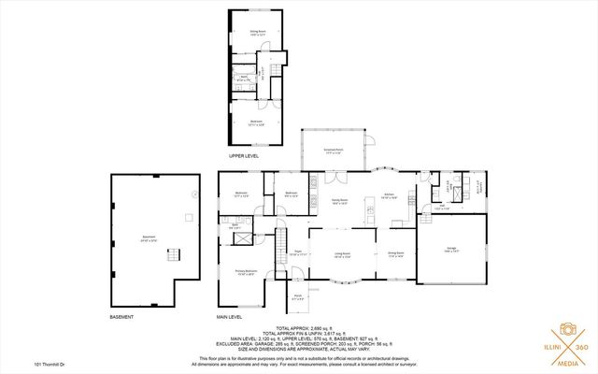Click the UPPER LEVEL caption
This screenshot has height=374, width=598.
(244, 156)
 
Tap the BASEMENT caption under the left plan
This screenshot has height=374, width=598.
(122, 317)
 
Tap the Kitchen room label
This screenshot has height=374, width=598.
(391, 196)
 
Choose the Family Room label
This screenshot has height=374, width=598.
(339, 200)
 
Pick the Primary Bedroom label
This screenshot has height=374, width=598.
(246, 273)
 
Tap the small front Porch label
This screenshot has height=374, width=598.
(298, 297)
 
